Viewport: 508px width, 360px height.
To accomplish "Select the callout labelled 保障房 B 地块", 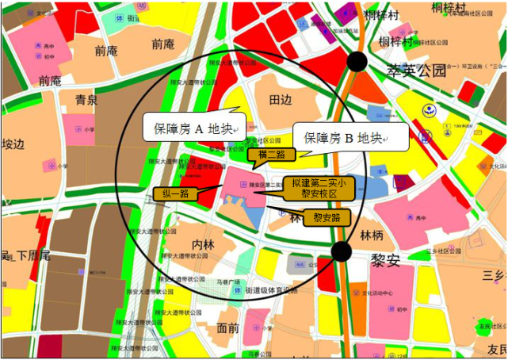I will point(349,138).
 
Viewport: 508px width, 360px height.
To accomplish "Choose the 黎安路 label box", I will point(326,216).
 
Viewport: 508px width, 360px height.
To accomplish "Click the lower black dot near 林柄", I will point(341,251).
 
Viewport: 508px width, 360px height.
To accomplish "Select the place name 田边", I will point(281,99).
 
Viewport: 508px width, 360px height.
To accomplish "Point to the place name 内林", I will point(204,244).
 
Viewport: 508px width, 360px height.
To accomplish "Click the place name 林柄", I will point(372,236).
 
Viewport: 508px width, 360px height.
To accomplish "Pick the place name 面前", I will point(228,327).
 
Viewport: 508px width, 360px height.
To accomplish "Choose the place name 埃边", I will point(13,145).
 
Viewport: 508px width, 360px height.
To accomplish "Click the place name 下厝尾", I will point(30,255).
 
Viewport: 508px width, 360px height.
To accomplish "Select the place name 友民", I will point(496,349).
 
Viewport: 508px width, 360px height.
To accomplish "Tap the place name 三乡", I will point(494,275).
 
